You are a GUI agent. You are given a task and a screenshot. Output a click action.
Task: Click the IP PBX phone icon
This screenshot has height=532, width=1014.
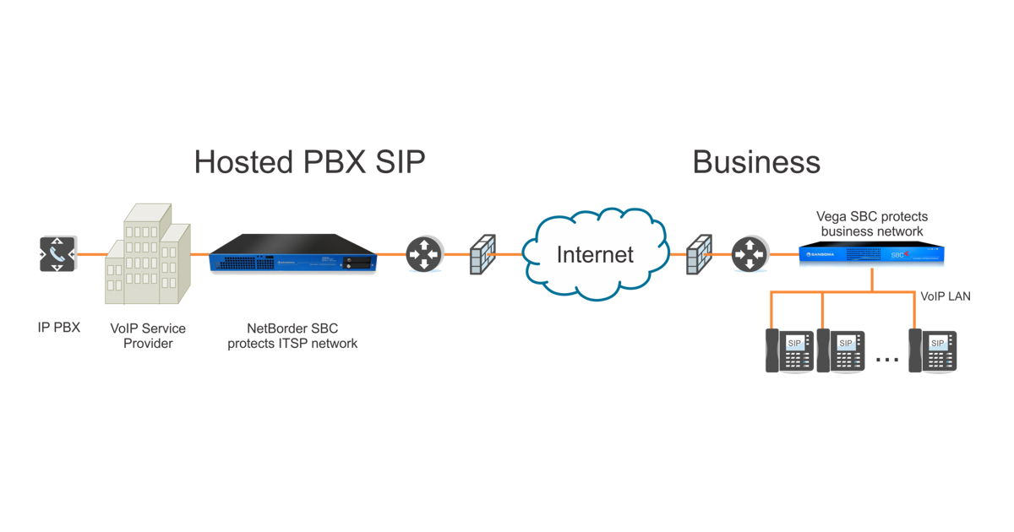tap(57, 254)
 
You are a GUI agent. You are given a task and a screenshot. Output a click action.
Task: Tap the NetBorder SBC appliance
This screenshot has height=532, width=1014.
tap(292, 253)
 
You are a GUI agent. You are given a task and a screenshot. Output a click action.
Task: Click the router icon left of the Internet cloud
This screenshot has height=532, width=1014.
tap(424, 254)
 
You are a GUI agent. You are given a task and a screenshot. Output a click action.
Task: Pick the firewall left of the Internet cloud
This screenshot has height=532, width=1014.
tap(482, 254)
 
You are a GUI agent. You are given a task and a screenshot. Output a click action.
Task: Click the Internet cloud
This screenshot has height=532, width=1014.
tap(595, 254)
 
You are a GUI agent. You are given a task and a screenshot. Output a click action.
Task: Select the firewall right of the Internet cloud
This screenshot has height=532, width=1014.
tap(699, 254)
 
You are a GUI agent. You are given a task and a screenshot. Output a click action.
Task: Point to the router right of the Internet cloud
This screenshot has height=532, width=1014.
tap(750, 254)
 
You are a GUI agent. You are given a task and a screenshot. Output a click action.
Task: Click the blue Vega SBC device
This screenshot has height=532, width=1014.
tap(871, 254)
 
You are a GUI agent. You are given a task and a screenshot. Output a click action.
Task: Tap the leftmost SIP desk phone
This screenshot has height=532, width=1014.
tap(789, 350)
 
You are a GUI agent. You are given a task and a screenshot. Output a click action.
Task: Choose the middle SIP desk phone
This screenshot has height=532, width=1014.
tap(841, 350)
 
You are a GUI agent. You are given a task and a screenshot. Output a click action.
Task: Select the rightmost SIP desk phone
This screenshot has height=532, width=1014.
tap(933, 350)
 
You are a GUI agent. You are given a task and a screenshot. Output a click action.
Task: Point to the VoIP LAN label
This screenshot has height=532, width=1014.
tap(946, 296)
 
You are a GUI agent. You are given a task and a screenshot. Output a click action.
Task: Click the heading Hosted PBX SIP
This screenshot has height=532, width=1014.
tap(309, 162)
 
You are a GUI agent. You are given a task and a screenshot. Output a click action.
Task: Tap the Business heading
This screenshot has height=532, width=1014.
tap(756, 162)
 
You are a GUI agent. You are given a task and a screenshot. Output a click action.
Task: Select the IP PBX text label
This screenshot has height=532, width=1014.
tap(59, 328)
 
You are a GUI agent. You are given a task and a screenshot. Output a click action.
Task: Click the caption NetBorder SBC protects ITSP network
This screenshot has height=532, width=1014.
tap(292, 336)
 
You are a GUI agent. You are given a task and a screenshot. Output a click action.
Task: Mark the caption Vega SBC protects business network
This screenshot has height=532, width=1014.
tap(872, 224)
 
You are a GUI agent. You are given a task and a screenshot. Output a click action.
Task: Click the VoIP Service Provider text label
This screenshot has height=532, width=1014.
tap(148, 336)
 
